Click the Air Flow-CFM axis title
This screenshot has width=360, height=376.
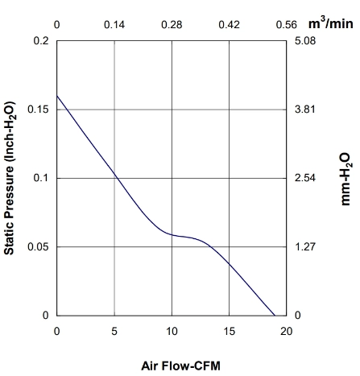180,366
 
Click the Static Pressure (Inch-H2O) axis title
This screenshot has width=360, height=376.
10,178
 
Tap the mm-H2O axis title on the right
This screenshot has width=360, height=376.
346,179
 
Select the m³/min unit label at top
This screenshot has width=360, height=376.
330,23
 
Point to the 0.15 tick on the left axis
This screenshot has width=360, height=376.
38,109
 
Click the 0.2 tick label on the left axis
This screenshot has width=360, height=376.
41,41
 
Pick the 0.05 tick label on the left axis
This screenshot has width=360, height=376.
38,246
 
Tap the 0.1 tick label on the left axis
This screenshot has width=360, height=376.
41,178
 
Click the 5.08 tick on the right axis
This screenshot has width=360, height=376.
305,41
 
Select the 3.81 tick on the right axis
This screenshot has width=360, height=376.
305,109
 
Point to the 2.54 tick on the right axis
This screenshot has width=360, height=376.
305,178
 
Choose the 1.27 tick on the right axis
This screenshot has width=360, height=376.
305,246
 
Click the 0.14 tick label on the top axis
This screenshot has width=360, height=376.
114,25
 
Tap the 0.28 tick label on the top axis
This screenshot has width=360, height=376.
172,25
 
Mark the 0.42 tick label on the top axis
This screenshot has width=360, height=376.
229,25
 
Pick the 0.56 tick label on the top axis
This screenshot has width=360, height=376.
287,25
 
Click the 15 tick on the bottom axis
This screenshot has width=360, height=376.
229,332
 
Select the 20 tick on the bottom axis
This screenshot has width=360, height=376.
287,332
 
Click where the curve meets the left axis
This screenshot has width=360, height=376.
57,96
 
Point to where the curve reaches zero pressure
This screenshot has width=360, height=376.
275,316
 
